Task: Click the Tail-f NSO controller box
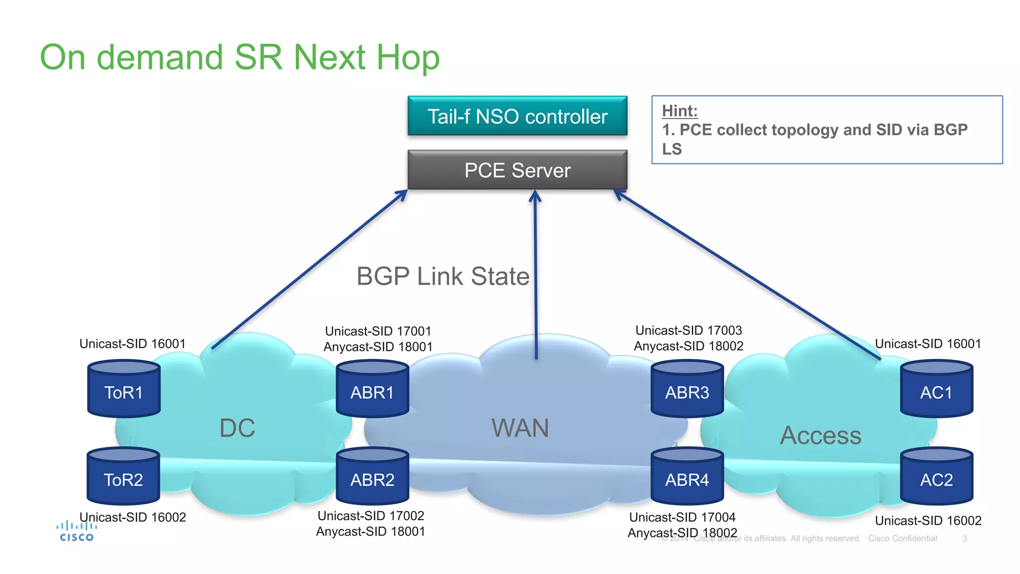tap(517, 116)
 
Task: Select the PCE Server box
tap(517, 170)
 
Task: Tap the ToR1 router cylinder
tap(124, 390)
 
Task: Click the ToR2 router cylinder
tap(123, 477)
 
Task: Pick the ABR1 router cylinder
tap(372, 390)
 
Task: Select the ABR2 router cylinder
tap(372, 477)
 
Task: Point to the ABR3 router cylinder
tap(687, 390)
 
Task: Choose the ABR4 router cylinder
tap(687, 477)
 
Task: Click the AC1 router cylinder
tap(936, 390)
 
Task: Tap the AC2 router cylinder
tap(936, 477)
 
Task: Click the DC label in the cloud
tap(237, 428)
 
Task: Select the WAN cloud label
tap(520, 428)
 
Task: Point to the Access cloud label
tap(820, 435)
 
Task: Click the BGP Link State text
tap(443, 277)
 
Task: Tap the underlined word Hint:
tap(679, 111)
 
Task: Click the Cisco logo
tap(76, 531)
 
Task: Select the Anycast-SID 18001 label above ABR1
tap(378, 347)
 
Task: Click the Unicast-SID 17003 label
tap(688, 330)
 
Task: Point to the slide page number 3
tap(964, 539)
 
